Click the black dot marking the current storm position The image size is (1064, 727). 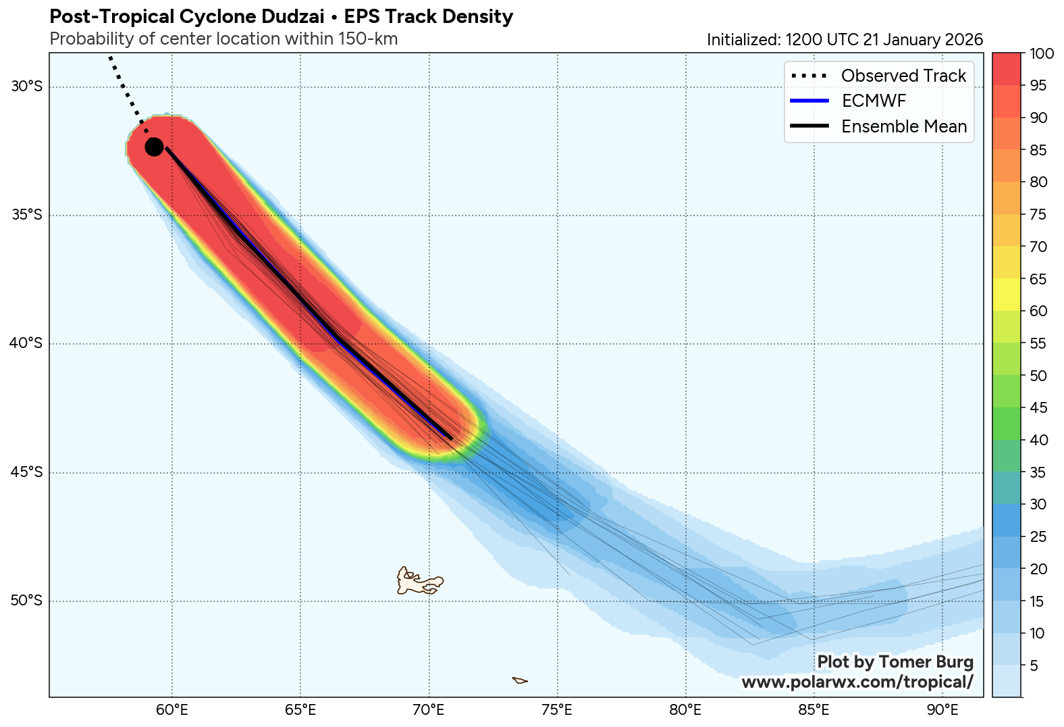[x=154, y=147]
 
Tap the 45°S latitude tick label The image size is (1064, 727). [x=26, y=472]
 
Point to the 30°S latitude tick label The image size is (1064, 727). [x=26, y=86]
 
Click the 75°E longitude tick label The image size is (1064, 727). [x=557, y=710]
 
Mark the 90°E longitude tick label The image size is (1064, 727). [x=942, y=710]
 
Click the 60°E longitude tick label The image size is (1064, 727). [x=172, y=710]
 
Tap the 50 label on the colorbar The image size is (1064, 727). [x=1038, y=376]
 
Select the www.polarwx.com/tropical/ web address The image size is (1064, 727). [x=857, y=682]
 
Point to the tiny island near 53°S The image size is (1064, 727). [x=519, y=680]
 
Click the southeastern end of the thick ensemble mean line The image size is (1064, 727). [x=451, y=439]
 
